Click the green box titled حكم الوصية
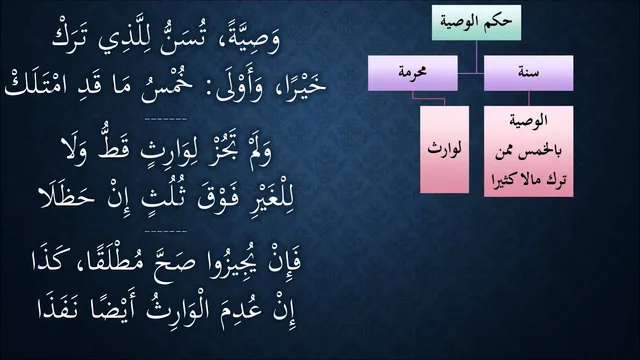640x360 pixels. pyautogui.click(x=476, y=22)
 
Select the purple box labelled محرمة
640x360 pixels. pyautogui.click(x=413, y=73)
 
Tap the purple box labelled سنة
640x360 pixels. pyautogui.click(x=529, y=73)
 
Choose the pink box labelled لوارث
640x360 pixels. pyautogui.click(x=444, y=149)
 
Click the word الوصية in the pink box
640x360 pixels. pyautogui.click(x=529, y=121)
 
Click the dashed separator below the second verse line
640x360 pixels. pyautogui.click(x=166, y=119)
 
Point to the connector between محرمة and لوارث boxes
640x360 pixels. pyautogui.click(x=428, y=98)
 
